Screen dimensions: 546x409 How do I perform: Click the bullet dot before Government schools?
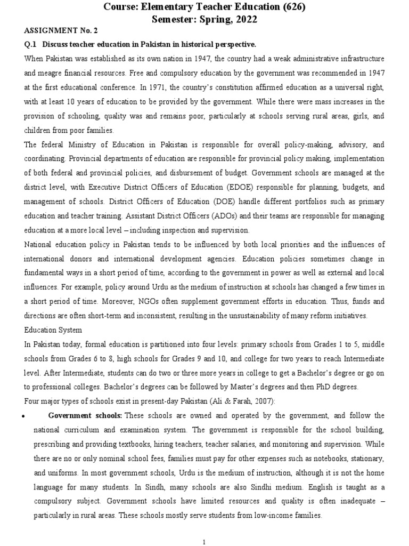(27, 416)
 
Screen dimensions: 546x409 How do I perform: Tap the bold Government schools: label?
(86, 415)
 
